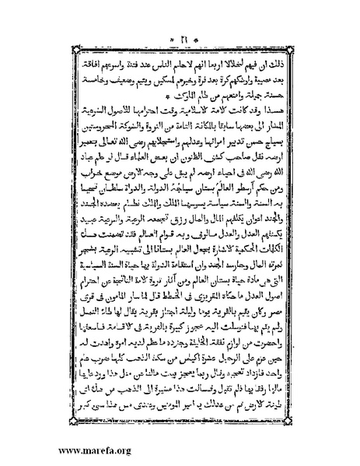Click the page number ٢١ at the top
[x=180, y=17]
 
